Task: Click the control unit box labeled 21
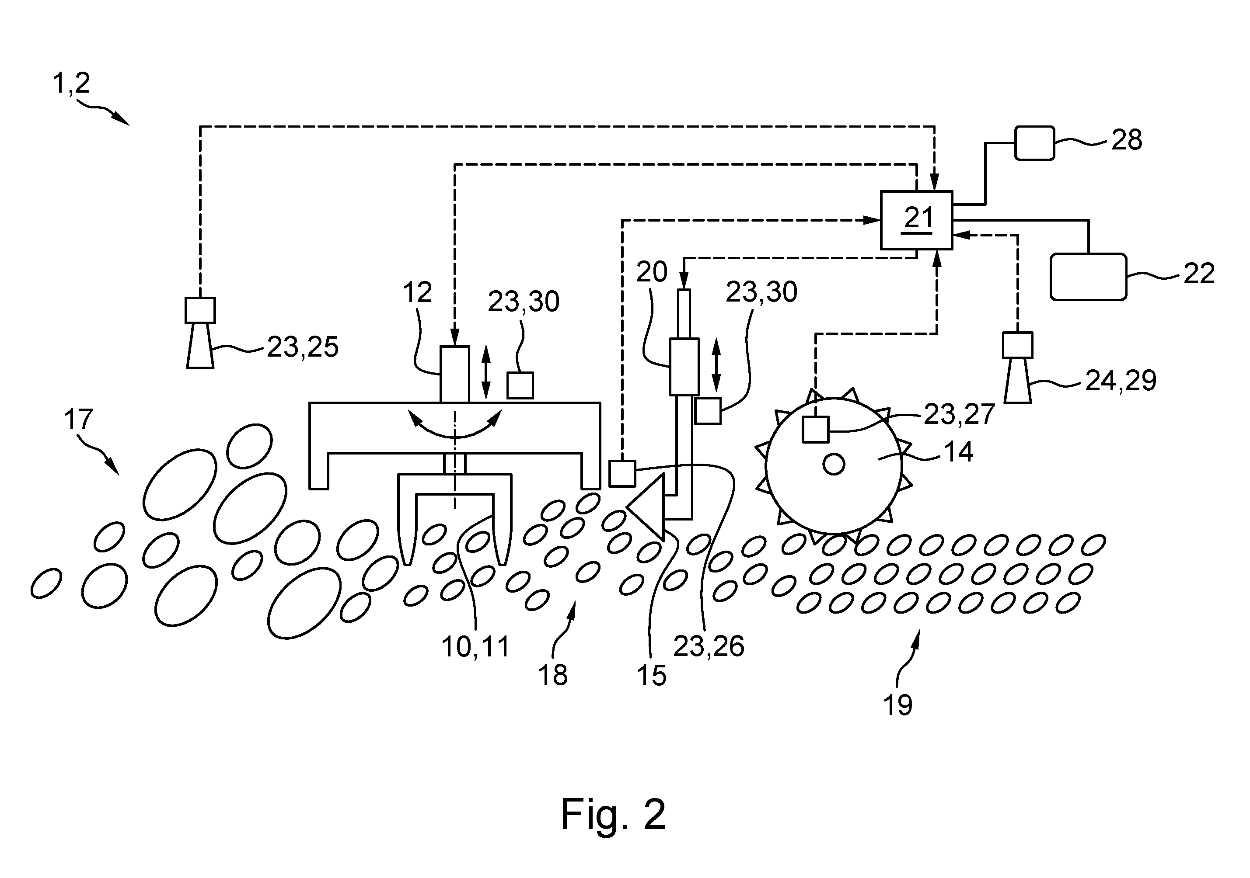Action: (x=917, y=220)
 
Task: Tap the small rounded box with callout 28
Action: (x=1034, y=143)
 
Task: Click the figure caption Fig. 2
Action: (x=613, y=814)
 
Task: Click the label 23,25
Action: (x=302, y=347)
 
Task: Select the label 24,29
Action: (x=1121, y=381)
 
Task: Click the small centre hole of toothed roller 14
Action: (x=834, y=465)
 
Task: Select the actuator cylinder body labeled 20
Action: (x=684, y=367)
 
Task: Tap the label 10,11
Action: (x=475, y=647)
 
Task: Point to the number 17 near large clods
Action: (x=78, y=420)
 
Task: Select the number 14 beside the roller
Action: (x=958, y=452)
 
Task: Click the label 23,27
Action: (x=959, y=414)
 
